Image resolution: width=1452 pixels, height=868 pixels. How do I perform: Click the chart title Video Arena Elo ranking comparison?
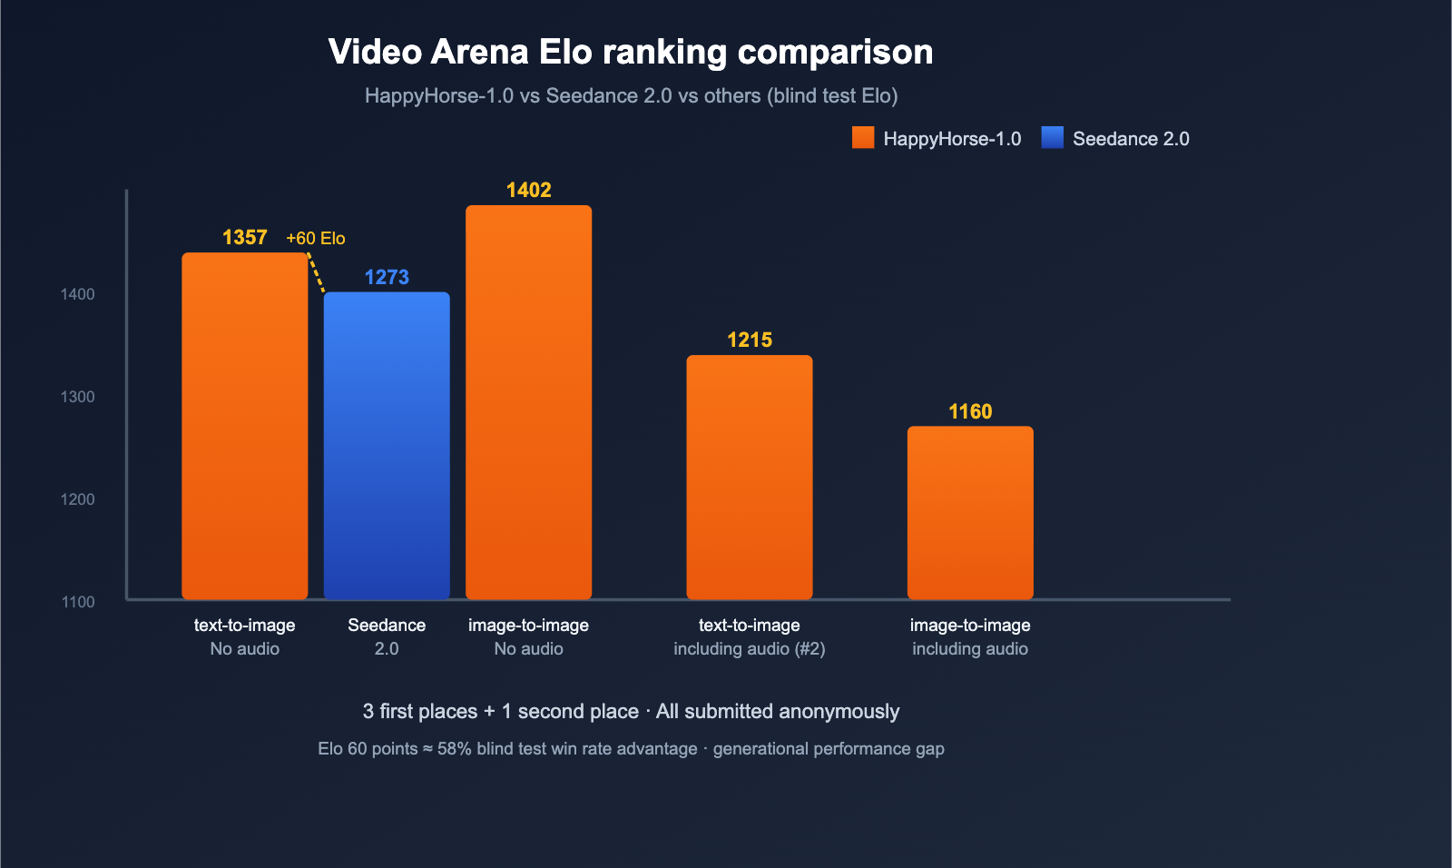(631, 53)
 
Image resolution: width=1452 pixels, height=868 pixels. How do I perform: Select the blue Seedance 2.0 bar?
(387, 445)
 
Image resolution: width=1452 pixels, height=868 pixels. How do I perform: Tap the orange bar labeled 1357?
(245, 427)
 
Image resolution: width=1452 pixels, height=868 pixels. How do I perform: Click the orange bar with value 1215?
(749, 477)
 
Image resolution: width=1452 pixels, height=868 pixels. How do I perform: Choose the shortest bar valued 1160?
(970, 513)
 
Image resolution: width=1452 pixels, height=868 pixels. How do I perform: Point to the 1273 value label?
(387, 277)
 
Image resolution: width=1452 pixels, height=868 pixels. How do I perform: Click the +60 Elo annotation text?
(315, 238)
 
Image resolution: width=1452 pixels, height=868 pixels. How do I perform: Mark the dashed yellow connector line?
(316, 272)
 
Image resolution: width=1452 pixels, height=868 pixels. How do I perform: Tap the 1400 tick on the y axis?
(78, 294)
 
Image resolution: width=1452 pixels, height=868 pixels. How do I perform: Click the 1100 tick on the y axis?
(78, 602)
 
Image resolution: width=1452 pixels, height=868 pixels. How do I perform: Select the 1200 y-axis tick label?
(78, 499)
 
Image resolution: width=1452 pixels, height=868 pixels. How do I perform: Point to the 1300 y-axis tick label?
(78, 397)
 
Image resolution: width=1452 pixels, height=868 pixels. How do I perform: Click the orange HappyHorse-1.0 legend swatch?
(863, 138)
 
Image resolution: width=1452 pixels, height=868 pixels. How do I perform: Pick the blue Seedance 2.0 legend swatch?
(1053, 138)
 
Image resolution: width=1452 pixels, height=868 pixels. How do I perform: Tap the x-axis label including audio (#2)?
(749, 648)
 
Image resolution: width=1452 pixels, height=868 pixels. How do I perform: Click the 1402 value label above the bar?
(528, 190)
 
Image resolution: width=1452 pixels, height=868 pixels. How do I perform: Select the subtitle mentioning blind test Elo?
(631, 95)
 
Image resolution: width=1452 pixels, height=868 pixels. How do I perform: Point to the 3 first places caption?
(631, 711)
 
